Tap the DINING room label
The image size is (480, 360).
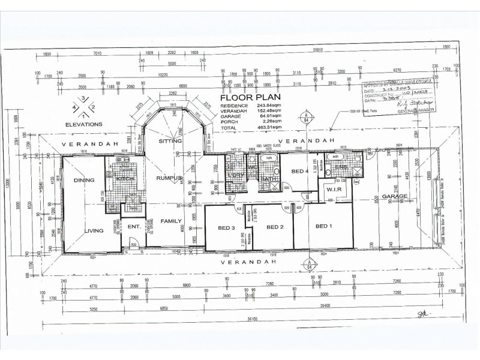click(x=82, y=179)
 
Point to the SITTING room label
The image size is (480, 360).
click(x=170, y=141)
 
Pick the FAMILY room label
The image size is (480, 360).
click(x=171, y=221)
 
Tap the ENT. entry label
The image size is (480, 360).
click(x=135, y=226)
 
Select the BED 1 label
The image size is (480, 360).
click(x=323, y=226)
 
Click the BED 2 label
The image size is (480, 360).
click(x=274, y=227)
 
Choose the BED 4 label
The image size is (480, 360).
click(x=300, y=171)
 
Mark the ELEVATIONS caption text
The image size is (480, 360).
click(x=84, y=124)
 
